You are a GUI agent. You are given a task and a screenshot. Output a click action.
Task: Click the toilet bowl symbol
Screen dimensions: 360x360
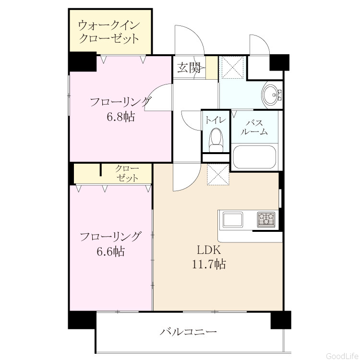[216, 140]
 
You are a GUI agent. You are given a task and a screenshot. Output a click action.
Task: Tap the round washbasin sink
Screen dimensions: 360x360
[272, 95]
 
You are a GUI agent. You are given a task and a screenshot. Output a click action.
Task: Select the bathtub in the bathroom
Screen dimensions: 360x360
[254, 157]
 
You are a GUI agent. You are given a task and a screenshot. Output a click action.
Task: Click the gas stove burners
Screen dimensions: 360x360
[266, 219]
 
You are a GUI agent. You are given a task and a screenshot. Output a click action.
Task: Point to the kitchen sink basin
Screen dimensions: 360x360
[233, 220]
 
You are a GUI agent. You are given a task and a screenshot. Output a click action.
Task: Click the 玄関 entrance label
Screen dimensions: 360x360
[189, 68]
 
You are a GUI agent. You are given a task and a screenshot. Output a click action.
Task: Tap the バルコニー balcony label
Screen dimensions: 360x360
[188, 332]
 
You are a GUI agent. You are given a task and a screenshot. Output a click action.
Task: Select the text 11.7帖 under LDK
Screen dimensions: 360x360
[209, 264]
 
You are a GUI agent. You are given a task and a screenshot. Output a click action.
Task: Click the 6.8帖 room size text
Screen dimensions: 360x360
[120, 117]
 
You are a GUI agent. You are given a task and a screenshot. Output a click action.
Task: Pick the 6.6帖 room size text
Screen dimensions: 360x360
[111, 252]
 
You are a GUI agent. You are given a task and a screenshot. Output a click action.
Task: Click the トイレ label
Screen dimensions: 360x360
[216, 120]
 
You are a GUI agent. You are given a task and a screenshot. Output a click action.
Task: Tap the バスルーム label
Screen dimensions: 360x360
[254, 127]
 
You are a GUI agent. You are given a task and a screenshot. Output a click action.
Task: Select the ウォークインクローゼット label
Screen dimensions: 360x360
[108, 32]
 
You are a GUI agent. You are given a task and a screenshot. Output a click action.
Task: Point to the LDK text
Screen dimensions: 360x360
[209, 250]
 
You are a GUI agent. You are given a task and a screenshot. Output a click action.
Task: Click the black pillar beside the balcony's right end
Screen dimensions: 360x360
[281, 320]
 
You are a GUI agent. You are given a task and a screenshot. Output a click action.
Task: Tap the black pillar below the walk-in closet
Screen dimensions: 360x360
[83, 62]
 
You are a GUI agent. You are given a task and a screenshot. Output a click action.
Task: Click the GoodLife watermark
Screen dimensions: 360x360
[342, 356]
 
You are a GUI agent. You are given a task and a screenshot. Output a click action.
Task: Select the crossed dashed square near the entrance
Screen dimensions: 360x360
[231, 67]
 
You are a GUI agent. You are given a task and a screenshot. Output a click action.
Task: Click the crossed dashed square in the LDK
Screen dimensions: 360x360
[218, 174]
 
